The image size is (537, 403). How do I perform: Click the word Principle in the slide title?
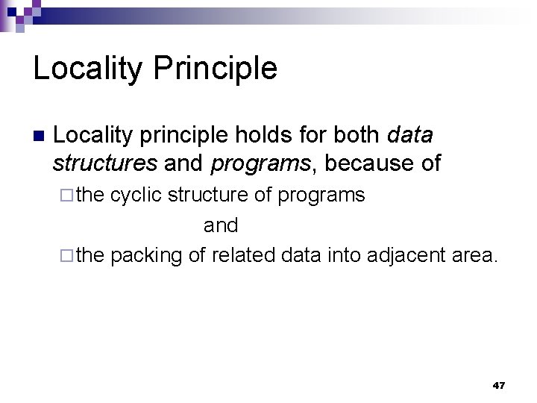[x=216, y=69]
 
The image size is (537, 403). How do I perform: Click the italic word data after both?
[x=410, y=136]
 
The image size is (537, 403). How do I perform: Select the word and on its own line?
[x=221, y=225]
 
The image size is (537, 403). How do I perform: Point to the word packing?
[x=146, y=255]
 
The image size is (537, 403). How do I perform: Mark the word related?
[x=244, y=255]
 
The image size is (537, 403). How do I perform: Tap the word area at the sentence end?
[x=474, y=255]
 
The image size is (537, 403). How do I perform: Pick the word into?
[x=340, y=255]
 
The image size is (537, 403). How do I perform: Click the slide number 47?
[x=498, y=386]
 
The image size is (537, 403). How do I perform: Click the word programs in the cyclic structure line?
[x=321, y=196]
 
